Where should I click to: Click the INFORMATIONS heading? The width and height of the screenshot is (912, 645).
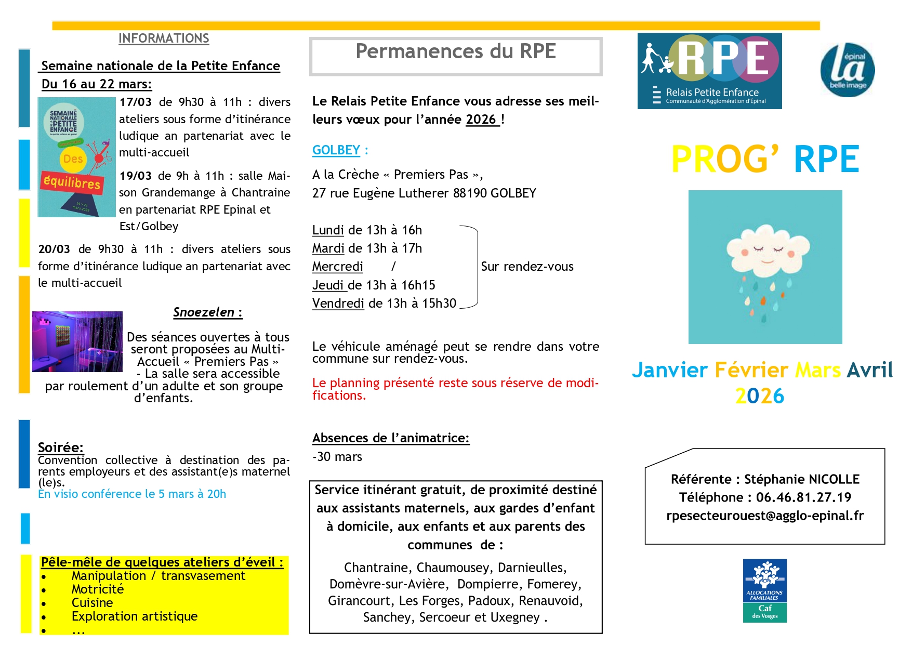(x=164, y=38)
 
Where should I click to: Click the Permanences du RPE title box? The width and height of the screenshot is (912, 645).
(x=456, y=56)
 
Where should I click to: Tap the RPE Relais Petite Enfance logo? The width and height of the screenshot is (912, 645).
(x=709, y=71)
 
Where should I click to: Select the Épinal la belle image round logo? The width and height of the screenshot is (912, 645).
(x=847, y=70)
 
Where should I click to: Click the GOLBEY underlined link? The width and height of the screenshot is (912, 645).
(x=336, y=150)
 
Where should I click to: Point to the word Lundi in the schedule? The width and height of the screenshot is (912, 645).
(x=328, y=230)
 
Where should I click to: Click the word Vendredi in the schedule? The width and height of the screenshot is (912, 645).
(x=338, y=304)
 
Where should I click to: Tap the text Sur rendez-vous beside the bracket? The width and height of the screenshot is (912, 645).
(x=527, y=267)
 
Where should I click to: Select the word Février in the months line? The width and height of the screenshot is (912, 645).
(x=752, y=370)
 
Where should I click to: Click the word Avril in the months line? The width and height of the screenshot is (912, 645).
(x=869, y=370)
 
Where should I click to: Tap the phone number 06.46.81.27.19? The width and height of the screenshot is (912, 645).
(x=803, y=497)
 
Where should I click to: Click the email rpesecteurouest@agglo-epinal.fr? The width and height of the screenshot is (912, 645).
(x=765, y=516)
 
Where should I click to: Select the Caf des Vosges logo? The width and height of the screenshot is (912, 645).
(x=764, y=590)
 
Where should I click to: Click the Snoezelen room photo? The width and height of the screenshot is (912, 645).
(x=77, y=341)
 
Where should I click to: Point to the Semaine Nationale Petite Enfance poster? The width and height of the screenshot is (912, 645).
(x=77, y=157)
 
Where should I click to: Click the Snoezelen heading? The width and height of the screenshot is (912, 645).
(x=207, y=312)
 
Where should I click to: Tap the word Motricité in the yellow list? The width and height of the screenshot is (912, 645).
(x=98, y=589)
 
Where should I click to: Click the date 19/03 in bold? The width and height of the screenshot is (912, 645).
(x=136, y=176)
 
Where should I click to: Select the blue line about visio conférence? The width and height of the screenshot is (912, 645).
(x=132, y=494)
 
